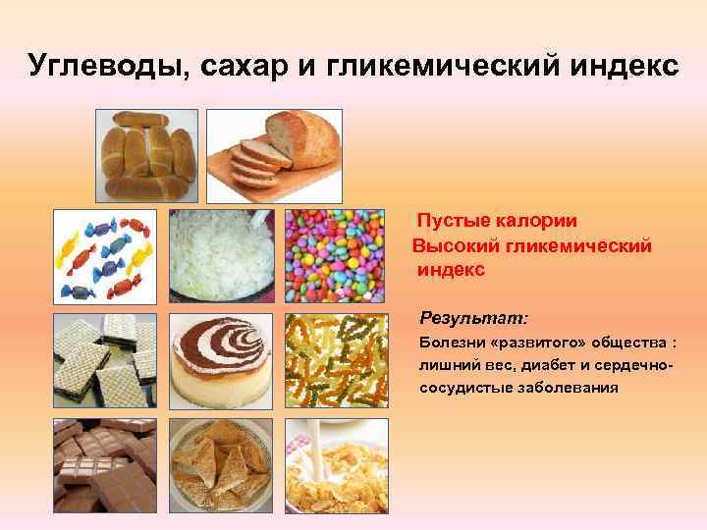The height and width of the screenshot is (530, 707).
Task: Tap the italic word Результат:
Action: pos(473,319)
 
